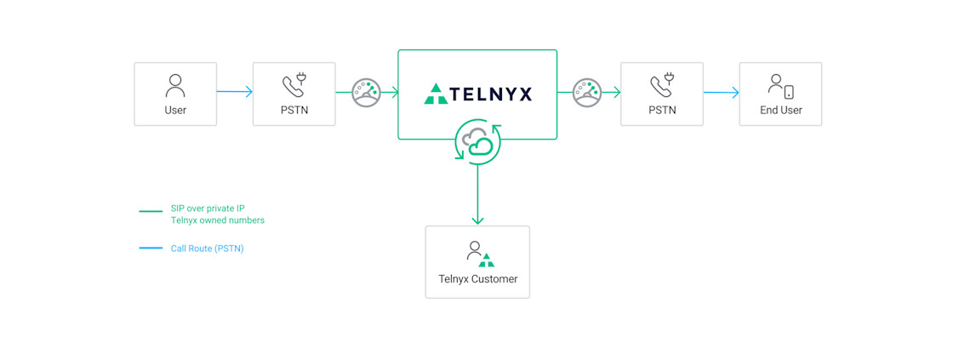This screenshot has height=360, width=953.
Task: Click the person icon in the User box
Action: [175, 86]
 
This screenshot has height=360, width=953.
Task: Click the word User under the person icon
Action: [175, 110]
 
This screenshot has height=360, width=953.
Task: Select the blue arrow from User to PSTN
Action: [235, 92]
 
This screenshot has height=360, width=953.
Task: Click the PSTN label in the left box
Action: [294, 110]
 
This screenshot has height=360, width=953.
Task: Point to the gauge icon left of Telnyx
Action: [367, 93]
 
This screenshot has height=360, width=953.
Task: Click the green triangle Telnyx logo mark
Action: [436, 94]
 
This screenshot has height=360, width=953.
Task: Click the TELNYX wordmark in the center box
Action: [491, 94]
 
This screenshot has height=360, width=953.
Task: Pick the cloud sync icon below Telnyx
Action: [477, 142]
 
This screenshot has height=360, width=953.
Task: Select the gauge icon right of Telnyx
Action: [587, 93]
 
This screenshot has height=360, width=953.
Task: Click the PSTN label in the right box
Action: [662, 110]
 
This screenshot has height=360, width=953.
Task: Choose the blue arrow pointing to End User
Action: [722, 93]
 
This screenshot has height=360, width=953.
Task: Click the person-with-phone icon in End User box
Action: [780, 86]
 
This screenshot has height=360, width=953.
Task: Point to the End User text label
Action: [780, 110]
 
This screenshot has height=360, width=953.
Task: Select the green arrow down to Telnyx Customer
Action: [477, 196]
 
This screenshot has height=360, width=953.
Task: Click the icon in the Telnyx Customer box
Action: [479, 254]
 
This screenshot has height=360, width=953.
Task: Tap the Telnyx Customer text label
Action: [477, 278]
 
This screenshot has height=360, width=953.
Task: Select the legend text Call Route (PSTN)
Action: [207, 249]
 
